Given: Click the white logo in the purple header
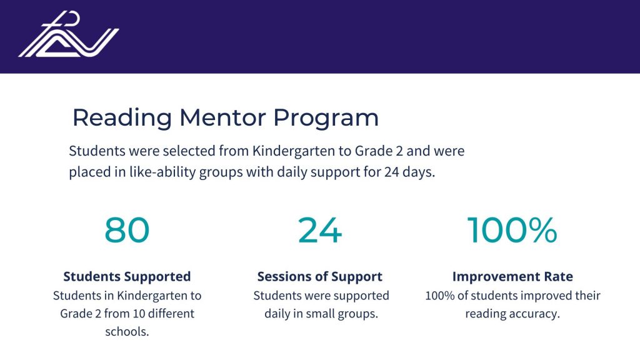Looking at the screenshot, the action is click(69, 34).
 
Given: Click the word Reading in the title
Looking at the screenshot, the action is click(122, 118).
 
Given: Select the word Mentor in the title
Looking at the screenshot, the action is click(222, 117).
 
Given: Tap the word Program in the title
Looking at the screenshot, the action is click(326, 119).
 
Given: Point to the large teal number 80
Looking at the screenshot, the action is click(127, 230).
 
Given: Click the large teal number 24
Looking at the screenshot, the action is click(319, 230).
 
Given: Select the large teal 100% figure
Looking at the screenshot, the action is click(512, 230).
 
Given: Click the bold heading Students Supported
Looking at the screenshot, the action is click(127, 276).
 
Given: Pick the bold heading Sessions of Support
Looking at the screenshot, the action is click(319, 276).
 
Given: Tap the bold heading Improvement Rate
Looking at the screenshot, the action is click(512, 276).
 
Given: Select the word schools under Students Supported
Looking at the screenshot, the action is click(127, 331).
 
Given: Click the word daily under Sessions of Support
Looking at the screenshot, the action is click(276, 314).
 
